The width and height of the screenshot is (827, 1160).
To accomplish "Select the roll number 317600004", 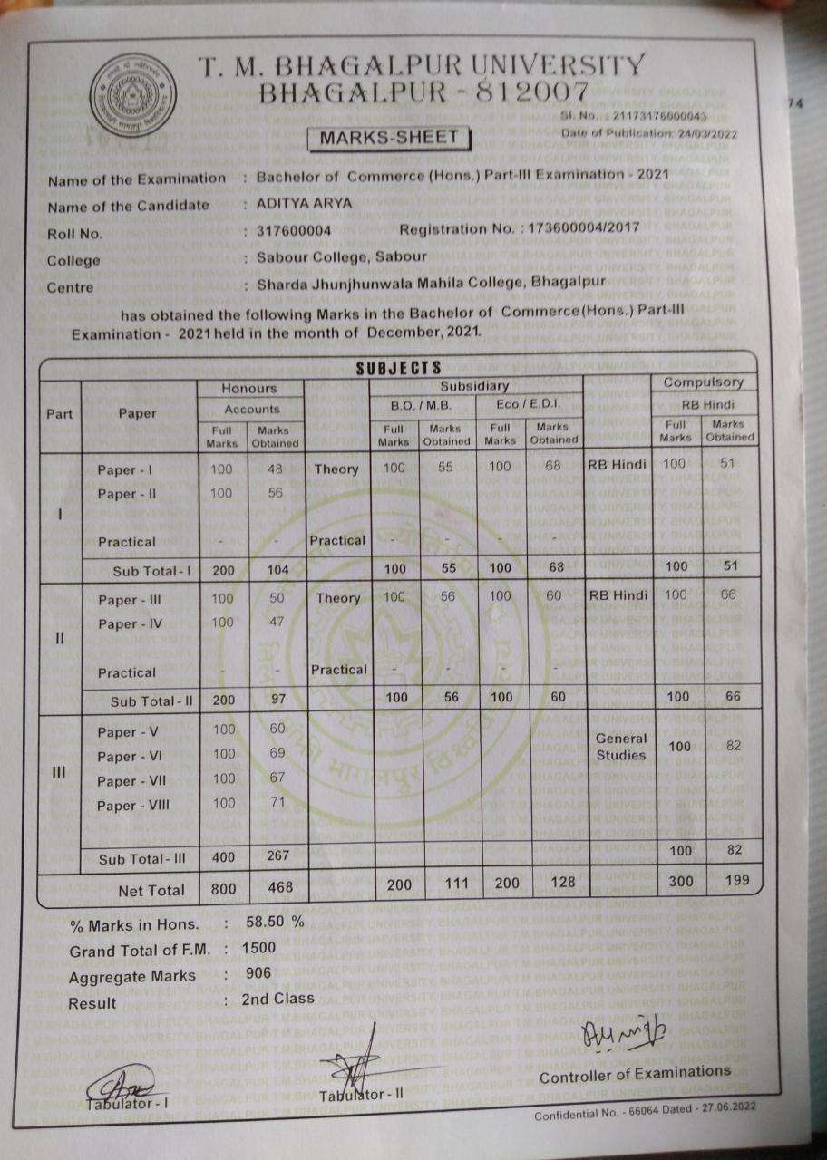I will [x=294, y=231].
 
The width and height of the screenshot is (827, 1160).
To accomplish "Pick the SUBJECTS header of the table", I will [x=398, y=367].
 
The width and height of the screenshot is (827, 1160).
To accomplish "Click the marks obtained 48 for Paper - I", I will [x=277, y=469].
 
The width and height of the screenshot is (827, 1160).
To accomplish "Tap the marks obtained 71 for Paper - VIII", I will [x=277, y=804].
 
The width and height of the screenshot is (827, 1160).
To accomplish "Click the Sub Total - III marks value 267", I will [x=280, y=857].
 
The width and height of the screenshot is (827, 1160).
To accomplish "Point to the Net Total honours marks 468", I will [x=280, y=888].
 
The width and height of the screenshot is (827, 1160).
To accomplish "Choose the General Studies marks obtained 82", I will [x=733, y=745].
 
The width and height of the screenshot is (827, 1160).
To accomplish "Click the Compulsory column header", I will [x=704, y=383].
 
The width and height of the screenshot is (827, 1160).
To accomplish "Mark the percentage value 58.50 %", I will [x=275, y=923].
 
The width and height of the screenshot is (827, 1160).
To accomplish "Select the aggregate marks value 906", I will [x=258, y=973].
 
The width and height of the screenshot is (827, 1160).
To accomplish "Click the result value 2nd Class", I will [x=278, y=999].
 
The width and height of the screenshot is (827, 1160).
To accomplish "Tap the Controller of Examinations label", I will [x=635, y=1074].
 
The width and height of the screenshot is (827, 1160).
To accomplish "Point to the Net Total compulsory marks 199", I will [x=732, y=880].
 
